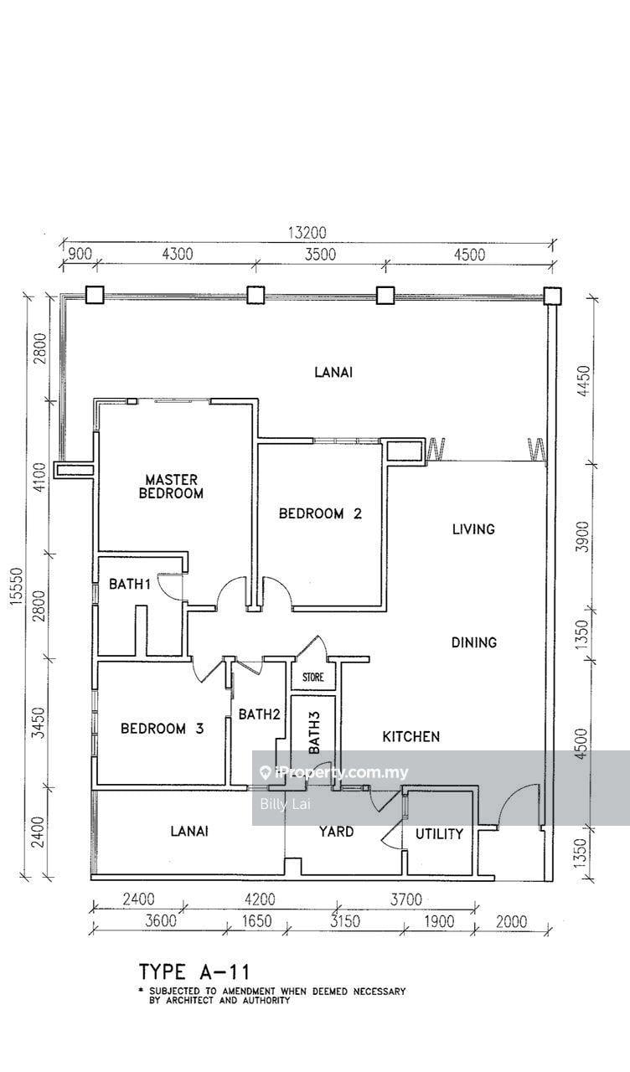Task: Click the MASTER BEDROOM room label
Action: click(x=171, y=487)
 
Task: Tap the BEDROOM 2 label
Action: click(x=320, y=514)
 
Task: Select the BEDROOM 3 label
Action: click(x=163, y=729)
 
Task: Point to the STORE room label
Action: click(x=313, y=678)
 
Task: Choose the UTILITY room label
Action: click(x=439, y=834)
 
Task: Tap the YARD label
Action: click(x=337, y=832)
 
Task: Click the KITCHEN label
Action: click(x=411, y=736)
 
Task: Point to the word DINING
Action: click(x=474, y=642)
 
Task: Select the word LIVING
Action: click(x=473, y=529)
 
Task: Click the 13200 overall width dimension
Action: click(x=307, y=233)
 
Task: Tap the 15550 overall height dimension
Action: click(x=17, y=589)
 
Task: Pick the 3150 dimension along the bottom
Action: click(x=344, y=929)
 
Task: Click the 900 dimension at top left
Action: click(x=80, y=254)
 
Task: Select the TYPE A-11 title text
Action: click(x=194, y=972)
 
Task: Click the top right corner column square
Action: click(x=552, y=296)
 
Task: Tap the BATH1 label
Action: click(x=130, y=584)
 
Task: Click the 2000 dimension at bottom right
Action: click(x=511, y=929)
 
